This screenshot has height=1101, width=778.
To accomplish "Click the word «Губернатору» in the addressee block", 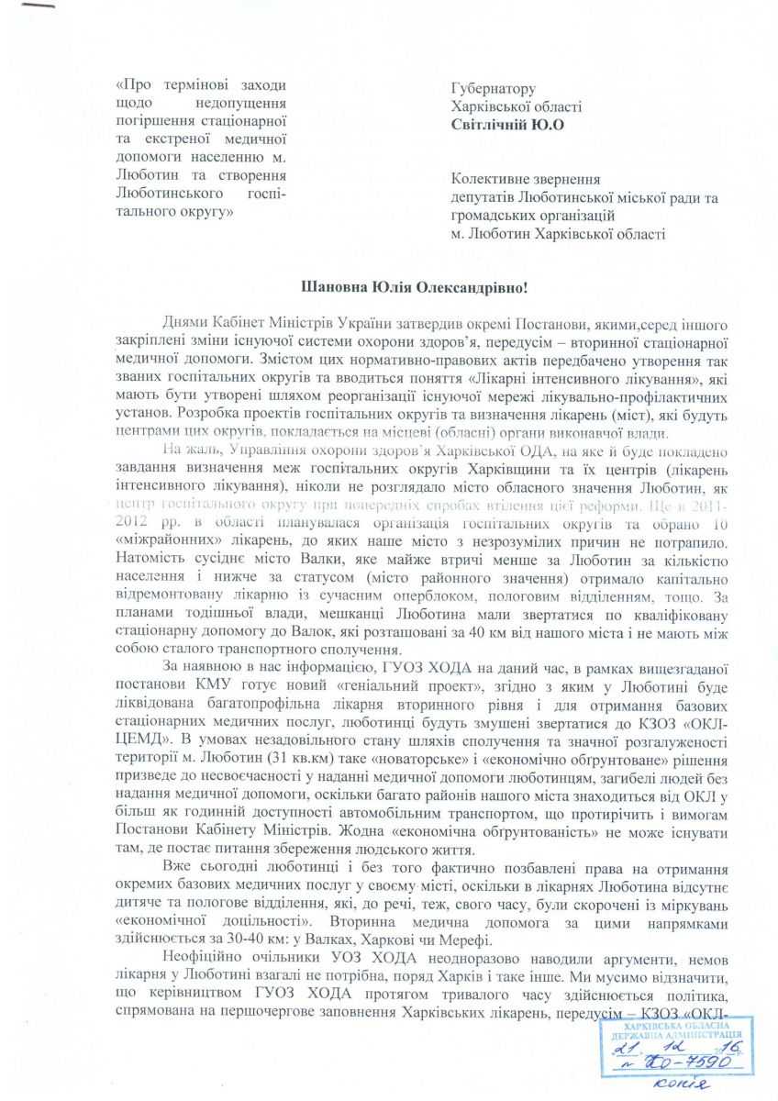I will click(492, 89).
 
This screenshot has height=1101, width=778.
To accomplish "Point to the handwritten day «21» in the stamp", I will click(627, 1044).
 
